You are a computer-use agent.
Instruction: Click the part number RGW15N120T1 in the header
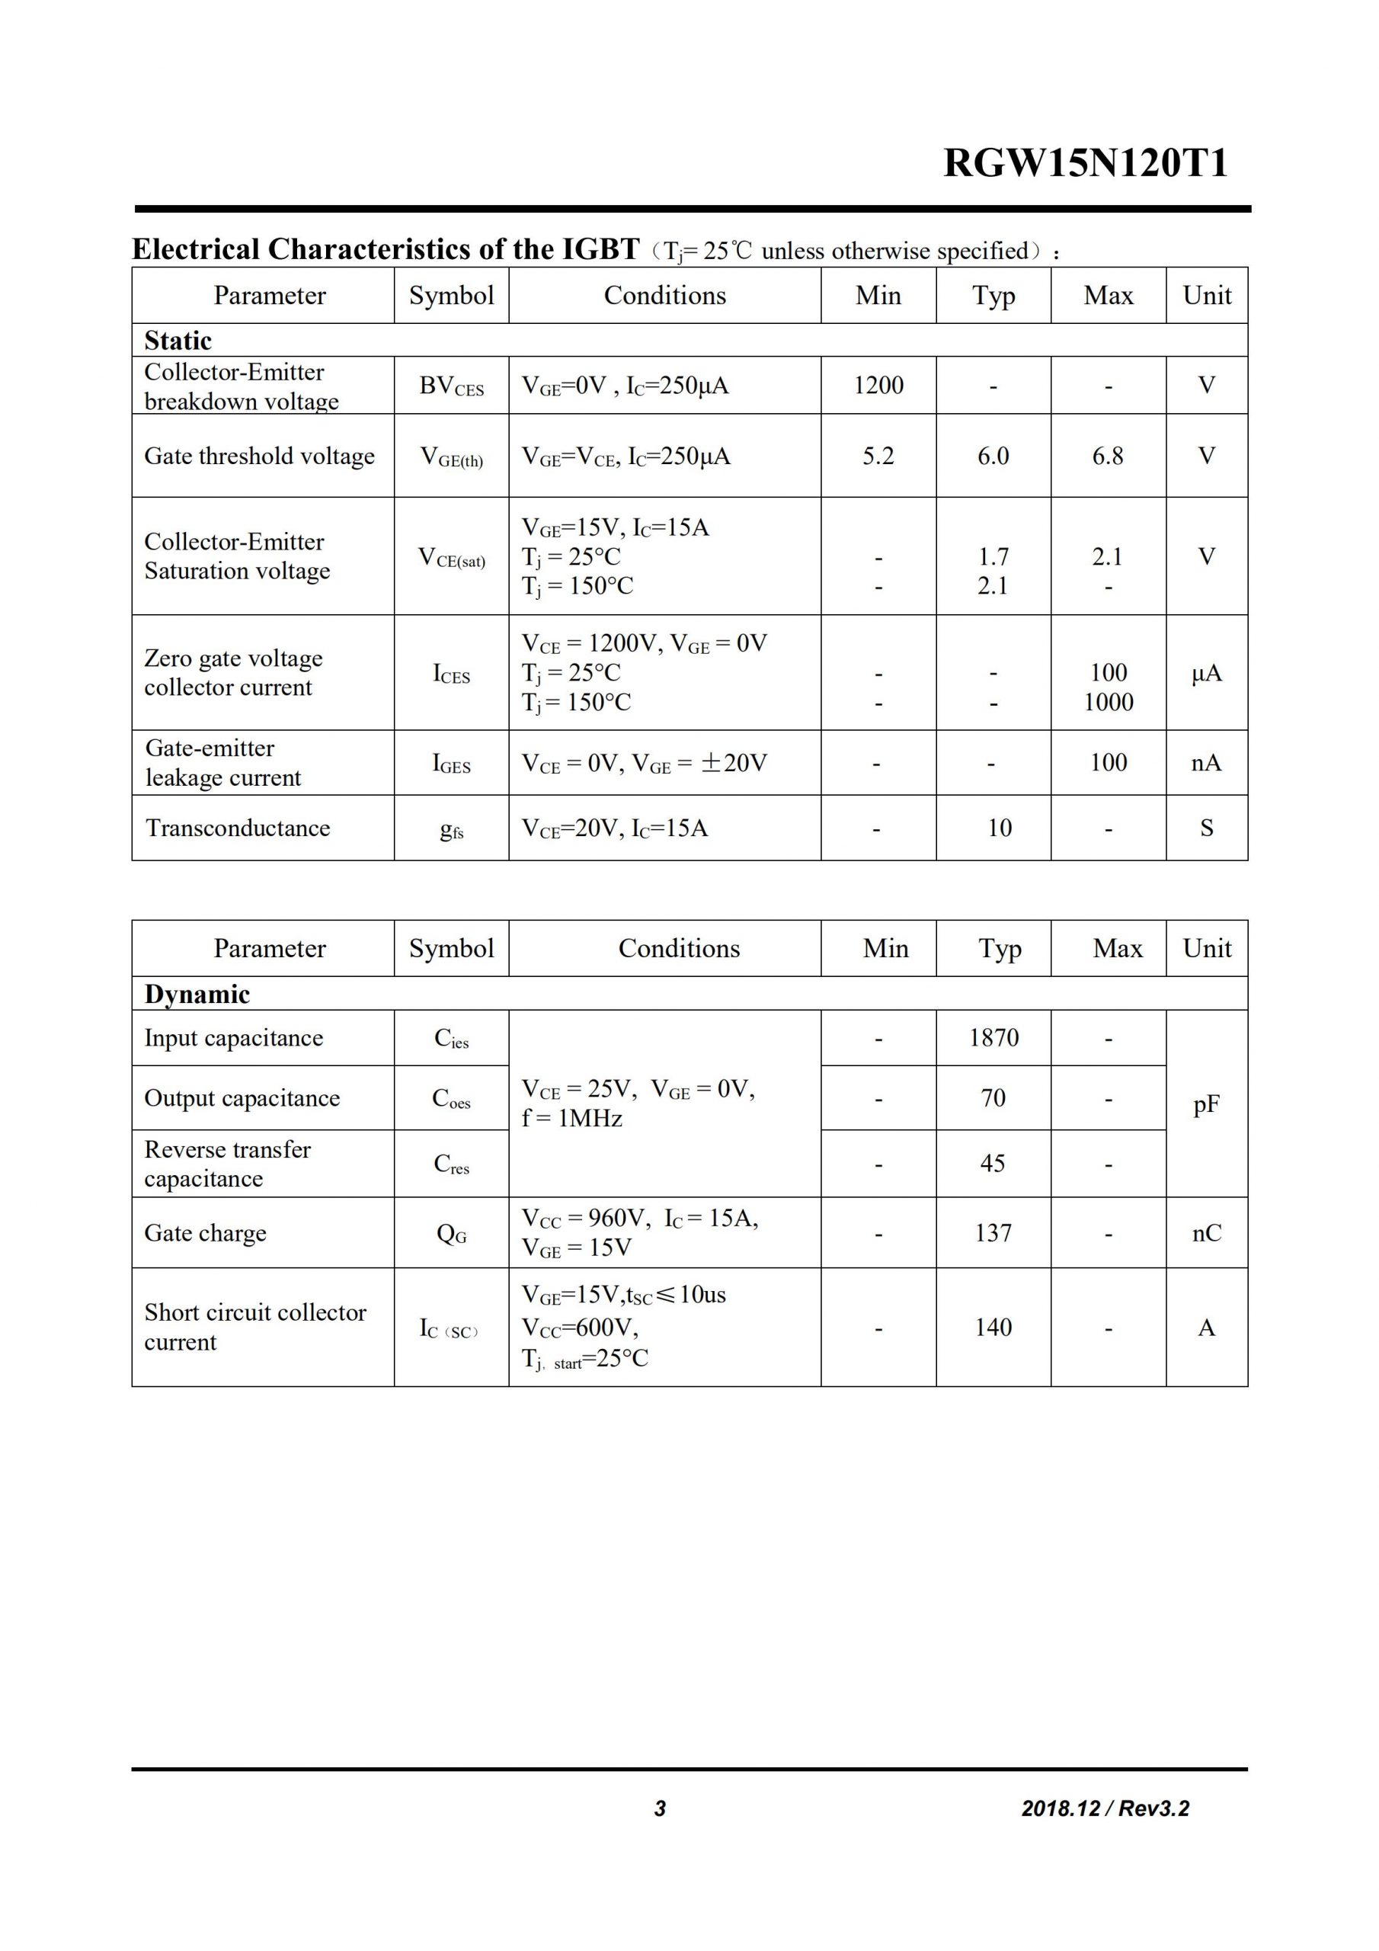click(x=1085, y=163)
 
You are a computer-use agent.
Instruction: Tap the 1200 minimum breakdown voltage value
click(x=878, y=386)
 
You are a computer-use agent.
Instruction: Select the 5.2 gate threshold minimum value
click(x=878, y=457)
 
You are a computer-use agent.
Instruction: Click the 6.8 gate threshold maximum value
click(x=1107, y=457)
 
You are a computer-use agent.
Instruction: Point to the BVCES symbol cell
click(x=451, y=386)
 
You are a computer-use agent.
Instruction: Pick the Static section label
click(x=178, y=341)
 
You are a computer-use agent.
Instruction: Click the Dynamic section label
click(x=197, y=995)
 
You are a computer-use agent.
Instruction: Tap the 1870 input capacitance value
click(x=993, y=1037)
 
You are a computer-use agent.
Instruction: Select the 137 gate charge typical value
click(x=993, y=1233)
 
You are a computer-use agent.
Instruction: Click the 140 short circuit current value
click(x=993, y=1328)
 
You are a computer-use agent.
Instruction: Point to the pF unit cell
click(x=1207, y=1104)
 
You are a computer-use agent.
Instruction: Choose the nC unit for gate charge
click(x=1207, y=1233)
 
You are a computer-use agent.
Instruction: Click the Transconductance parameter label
click(x=238, y=828)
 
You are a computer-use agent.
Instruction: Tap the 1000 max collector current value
click(x=1108, y=702)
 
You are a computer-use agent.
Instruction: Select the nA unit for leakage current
click(x=1207, y=763)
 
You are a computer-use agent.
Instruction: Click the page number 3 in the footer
click(x=661, y=1808)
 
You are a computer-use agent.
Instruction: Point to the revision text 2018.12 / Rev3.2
click(x=1105, y=1808)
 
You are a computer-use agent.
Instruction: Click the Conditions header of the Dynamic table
click(x=679, y=948)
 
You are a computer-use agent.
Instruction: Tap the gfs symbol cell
click(x=451, y=830)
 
